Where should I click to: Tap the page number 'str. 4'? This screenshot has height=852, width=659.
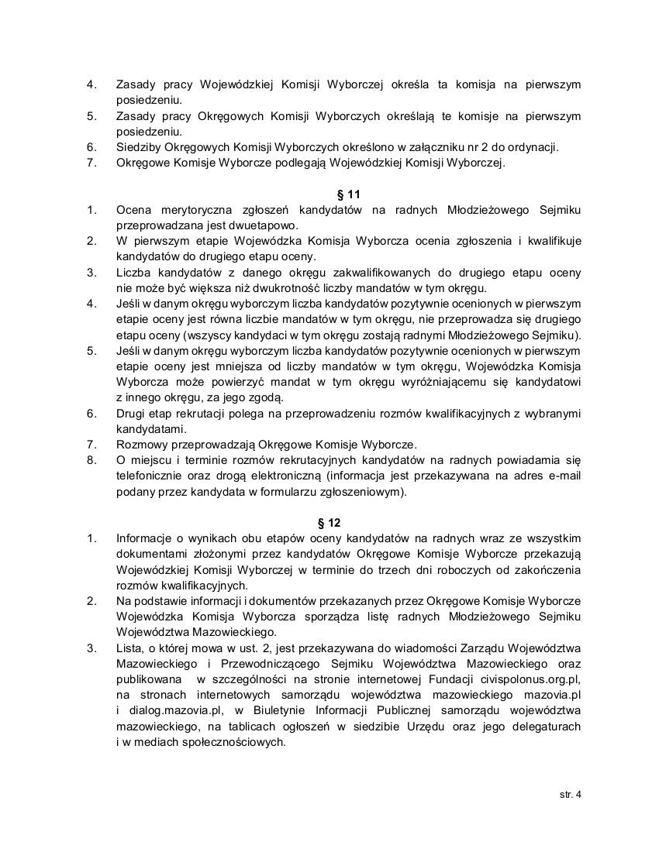[570, 794]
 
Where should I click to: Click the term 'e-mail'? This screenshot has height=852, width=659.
[562, 476]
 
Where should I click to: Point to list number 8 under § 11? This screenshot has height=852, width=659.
[91, 460]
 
